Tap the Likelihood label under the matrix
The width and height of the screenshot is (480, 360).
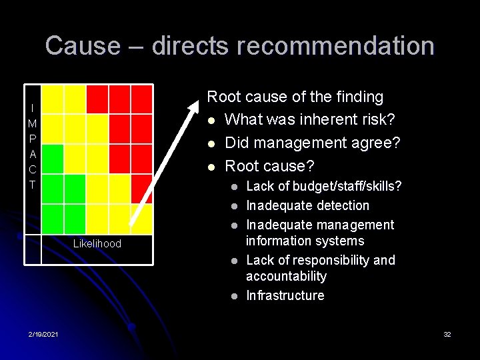97,244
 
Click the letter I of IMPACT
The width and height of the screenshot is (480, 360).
33,108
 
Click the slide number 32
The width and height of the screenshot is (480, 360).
447,333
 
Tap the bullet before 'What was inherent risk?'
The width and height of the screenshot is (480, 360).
211,121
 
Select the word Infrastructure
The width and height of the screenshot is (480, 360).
285,295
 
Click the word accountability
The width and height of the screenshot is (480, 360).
286,276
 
